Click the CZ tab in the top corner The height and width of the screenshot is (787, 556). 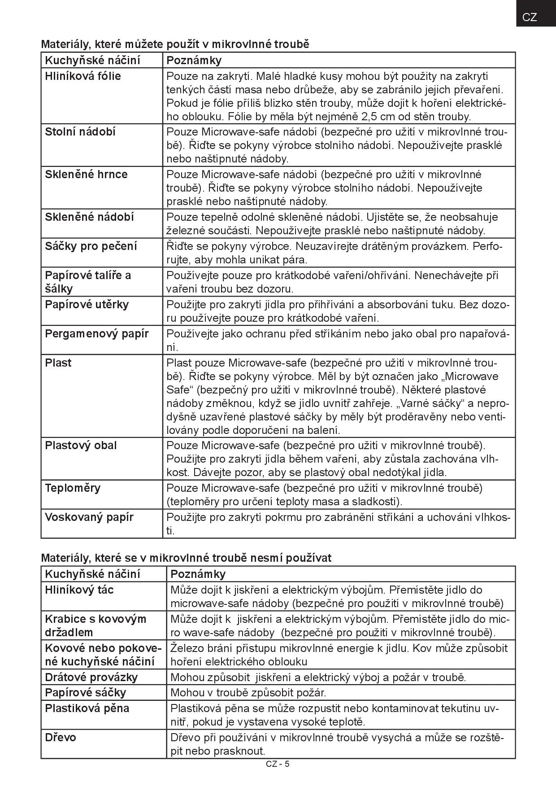click(x=530, y=17)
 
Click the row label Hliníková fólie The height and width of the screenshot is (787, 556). click(x=83, y=76)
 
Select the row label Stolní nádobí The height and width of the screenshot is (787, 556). click(x=80, y=132)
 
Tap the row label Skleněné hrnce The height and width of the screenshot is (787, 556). click(x=86, y=175)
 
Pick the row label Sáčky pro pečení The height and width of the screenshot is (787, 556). click(x=91, y=246)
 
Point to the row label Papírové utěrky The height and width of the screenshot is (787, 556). click(x=87, y=305)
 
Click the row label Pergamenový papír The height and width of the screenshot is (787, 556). click(x=97, y=334)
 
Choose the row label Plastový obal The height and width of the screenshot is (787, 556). click(x=81, y=446)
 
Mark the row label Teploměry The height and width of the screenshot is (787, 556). click(x=73, y=488)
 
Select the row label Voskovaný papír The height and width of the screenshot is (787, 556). click(x=89, y=517)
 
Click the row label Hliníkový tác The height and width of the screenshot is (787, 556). click(x=79, y=590)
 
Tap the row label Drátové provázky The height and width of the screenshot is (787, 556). click(x=91, y=677)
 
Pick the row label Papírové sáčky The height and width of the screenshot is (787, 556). click(x=86, y=692)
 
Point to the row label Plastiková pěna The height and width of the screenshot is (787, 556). click(x=87, y=708)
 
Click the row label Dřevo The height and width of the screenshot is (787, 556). click(x=61, y=738)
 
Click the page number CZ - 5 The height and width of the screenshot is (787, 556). click(x=278, y=764)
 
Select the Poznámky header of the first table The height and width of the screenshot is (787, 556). click(x=194, y=61)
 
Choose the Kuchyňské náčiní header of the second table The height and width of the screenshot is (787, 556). click(x=92, y=574)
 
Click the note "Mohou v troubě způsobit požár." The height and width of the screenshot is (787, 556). click(x=248, y=693)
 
